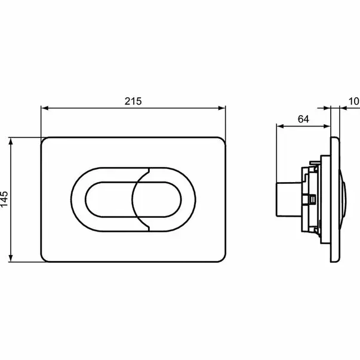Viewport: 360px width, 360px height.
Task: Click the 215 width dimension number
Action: coord(133,101)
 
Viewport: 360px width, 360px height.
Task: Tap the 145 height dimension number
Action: coord(5,199)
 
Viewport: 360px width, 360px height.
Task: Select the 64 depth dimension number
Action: coord(303,119)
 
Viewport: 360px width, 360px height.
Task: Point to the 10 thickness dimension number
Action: coord(353,101)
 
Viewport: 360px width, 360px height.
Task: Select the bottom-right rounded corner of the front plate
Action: coord(221,258)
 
